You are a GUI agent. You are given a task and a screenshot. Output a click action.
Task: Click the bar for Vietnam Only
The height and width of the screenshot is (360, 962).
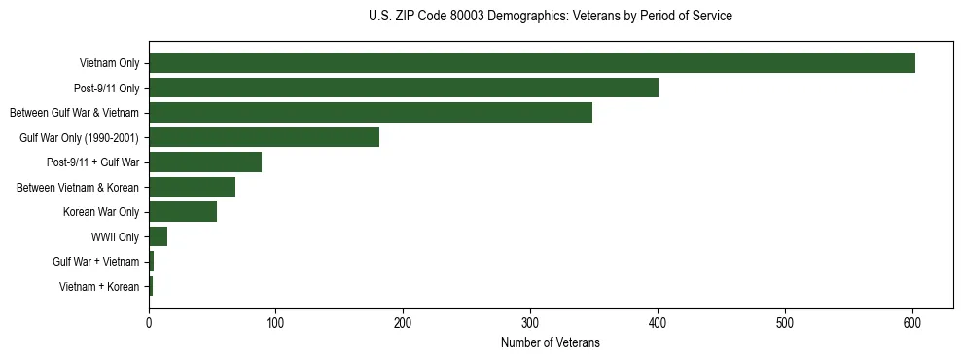tap(532, 63)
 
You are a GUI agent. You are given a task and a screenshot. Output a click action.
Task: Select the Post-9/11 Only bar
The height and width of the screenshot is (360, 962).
tap(404, 88)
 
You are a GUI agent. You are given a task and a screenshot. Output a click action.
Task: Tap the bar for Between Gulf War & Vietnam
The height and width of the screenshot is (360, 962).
tap(371, 113)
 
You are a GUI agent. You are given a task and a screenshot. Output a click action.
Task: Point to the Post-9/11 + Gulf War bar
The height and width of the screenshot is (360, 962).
tap(205, 162)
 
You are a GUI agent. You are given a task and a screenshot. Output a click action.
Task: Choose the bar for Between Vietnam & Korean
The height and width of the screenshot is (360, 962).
tap(192, 187)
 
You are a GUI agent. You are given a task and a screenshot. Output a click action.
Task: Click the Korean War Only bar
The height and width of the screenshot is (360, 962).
tap(183, 212)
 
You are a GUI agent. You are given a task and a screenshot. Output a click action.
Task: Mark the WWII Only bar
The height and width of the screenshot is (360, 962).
tap(158, 236)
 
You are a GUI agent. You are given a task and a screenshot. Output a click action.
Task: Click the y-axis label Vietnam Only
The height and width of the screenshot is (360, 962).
tap(109, 64)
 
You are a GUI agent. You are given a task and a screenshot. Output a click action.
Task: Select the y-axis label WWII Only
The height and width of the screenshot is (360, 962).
tap(115, 237)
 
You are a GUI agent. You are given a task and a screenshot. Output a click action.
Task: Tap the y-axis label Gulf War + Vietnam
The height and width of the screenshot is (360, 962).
tap(96, 262)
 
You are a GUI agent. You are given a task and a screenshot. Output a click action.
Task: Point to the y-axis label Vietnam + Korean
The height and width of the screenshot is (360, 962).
tap(99, 287)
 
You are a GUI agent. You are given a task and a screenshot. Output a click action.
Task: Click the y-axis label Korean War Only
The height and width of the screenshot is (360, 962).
tap(101, 212)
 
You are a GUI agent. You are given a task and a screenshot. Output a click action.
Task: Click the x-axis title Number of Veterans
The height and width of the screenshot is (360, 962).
tap(550, 343)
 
